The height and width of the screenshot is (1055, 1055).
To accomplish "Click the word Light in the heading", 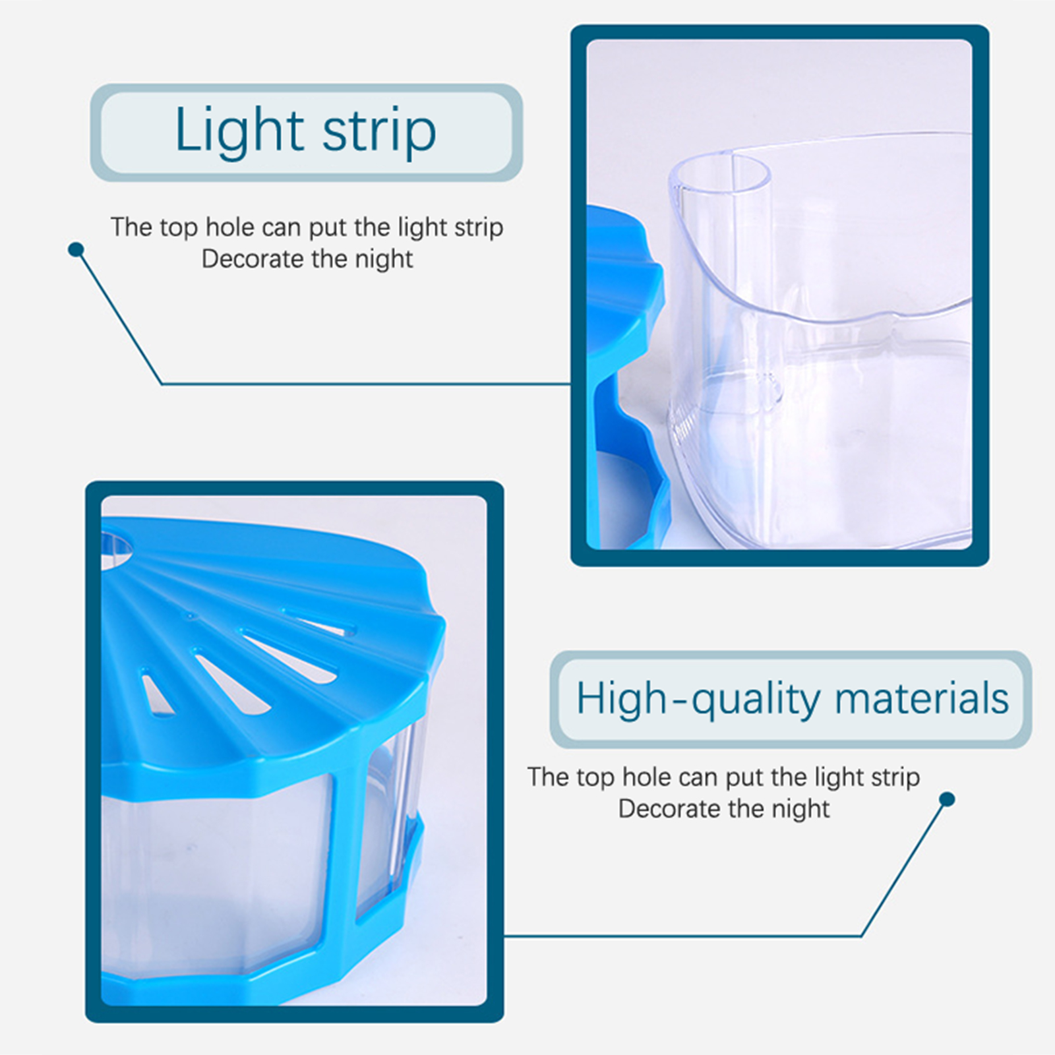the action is point(239,131).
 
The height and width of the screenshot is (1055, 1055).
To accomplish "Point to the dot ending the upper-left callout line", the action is point(76,250).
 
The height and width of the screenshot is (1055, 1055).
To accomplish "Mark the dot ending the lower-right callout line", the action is point(947,800).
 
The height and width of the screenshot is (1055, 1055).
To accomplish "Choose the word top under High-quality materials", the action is point(595,778).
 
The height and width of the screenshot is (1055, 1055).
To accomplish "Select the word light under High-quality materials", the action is point(839,778).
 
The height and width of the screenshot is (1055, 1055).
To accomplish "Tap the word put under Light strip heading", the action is point(328,228).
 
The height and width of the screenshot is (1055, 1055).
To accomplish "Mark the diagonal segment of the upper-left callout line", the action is point(119,317).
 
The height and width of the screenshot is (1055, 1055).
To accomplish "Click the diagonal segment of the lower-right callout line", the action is point(904,868).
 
